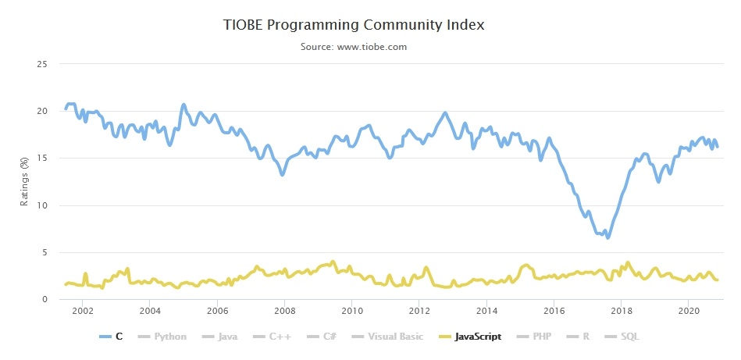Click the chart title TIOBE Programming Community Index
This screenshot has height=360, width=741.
pos(354,25)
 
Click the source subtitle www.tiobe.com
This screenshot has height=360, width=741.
pos(354,47)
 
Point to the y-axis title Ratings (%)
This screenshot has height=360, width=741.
pos(24,181)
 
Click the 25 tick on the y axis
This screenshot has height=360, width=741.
pos(44,64)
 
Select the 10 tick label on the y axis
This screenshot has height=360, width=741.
pos(44,205)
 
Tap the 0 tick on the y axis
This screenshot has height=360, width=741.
pos(46,300)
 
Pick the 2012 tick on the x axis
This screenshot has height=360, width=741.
pos(419,311)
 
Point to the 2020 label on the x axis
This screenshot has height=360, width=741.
pos(689,311)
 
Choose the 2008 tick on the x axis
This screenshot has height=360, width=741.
pos(284,311)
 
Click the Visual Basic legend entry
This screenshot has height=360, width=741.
pos(388,337)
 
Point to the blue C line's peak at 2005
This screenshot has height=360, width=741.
pos(183,105)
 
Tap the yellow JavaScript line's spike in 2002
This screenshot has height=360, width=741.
pos(85,274)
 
